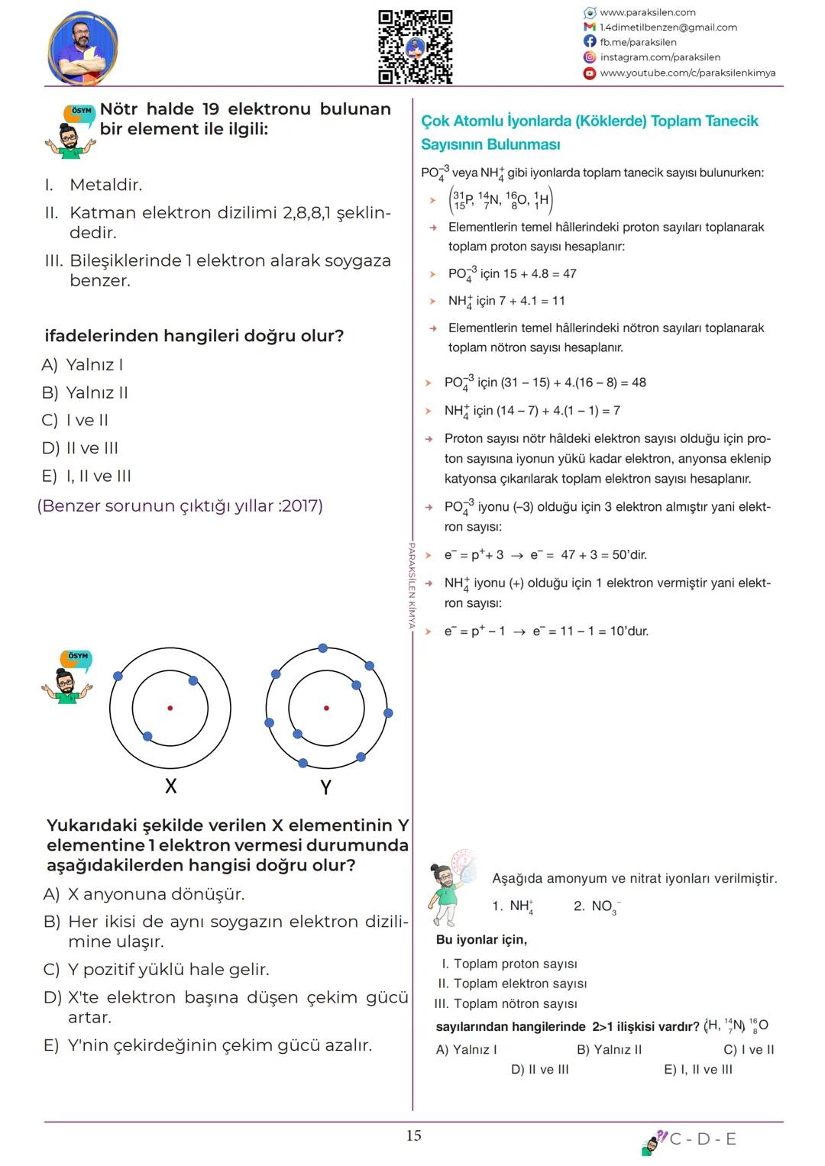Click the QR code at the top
point(416,47)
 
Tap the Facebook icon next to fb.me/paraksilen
point(590,42)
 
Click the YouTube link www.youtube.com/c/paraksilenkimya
point(687,73)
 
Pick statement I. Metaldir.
point(93,185)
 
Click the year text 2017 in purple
point(300,505)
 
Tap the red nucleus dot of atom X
point(170,708)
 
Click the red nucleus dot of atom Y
point(326,708)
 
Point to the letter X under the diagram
point(170,786)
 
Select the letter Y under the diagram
point(325,786)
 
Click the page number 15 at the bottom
point(413,1135)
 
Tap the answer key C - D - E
point(703,1139)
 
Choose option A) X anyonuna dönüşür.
point(144,894)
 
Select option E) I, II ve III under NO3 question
point(697,1069)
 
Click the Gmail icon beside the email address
point(590,27)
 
